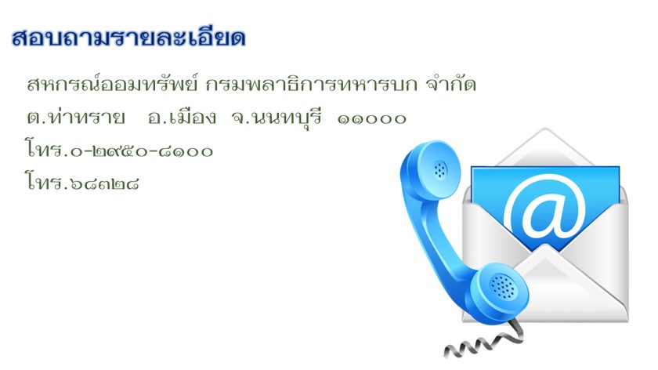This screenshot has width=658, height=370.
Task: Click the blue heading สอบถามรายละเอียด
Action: (x=128, y=38)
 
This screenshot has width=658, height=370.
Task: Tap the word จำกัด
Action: (x=451, y=84)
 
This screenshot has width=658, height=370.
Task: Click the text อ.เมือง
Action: (x=182, y=117)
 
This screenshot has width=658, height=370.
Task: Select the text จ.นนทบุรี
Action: (x=277, y=118)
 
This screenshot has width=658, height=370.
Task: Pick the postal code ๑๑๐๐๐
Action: (x=372, y=119)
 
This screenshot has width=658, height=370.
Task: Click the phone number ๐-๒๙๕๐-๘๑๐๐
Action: (x=142, y=151)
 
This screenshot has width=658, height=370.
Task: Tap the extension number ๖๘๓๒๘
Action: (x=104, y=183)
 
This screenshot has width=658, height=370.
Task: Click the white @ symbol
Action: (x=544, y=208)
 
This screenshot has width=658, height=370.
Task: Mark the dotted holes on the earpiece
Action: (x=440, y=169)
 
